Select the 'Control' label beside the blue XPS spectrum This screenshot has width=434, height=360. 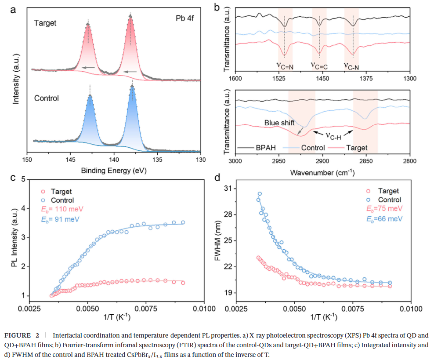(x=47, y=98)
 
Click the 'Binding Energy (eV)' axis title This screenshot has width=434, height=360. (x=113, y=170)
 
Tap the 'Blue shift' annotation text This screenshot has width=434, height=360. (x=279, y=123)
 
